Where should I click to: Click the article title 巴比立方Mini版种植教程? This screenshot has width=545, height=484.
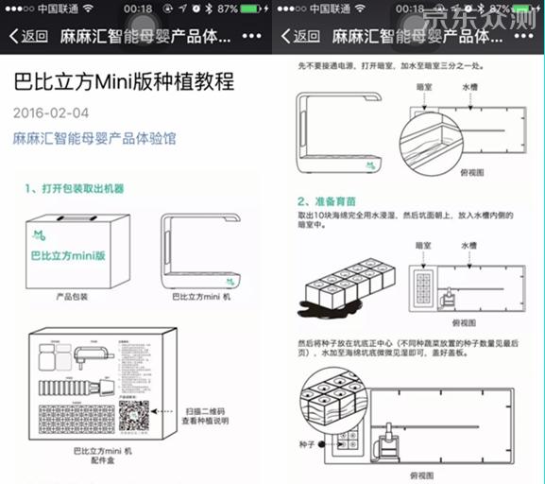click(x=123, y=81)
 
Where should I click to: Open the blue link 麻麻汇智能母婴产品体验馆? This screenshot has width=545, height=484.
click(x=94, y=139)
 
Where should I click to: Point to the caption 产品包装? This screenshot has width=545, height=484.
click(x=71, y=297)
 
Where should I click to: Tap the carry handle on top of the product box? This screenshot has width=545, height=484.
click(x=73, y=215)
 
